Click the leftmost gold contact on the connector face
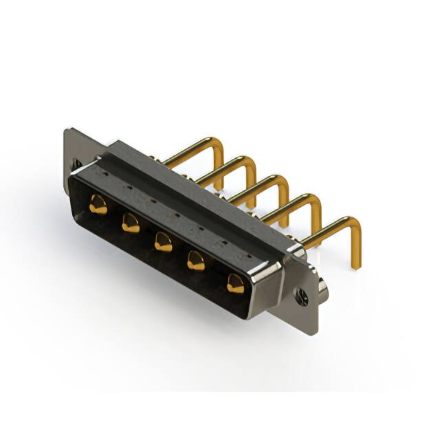point(99,205)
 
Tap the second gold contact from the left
point(131,223)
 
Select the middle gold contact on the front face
point(163,241)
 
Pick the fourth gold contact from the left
point(197,261)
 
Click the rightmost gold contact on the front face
point(235,283)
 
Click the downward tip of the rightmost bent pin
point(356,265)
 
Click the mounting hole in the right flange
point(302,298)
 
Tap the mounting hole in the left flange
point(76,164)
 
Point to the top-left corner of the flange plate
point(66,130)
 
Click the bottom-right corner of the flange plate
point(316,333)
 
